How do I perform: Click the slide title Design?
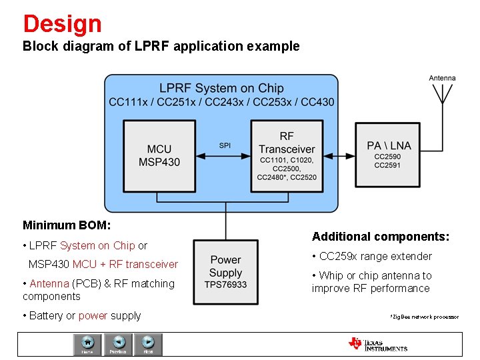tap(62, 24)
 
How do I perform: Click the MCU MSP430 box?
tap(159, 155)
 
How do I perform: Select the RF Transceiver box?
tap(286, 155)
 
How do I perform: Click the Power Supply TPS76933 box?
tap(225, 272)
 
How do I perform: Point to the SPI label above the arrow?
tap(225, 145)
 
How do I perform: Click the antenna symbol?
tap(441, 97)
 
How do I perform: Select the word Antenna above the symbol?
tap(442, 78)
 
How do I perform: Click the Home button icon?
tap(87, 343)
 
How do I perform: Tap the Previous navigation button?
tap(118, 343)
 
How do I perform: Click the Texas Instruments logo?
tap(377, 344)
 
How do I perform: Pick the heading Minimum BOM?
tap(67, 225)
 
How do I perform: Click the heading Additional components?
tap(381, 237)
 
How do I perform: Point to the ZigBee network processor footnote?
tap(424, 316)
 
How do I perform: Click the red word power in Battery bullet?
tap(93, 315)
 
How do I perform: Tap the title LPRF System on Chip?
tap(221, 88)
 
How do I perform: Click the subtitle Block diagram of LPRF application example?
tap(161, 47)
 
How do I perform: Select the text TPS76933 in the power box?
tap(225, 285)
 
